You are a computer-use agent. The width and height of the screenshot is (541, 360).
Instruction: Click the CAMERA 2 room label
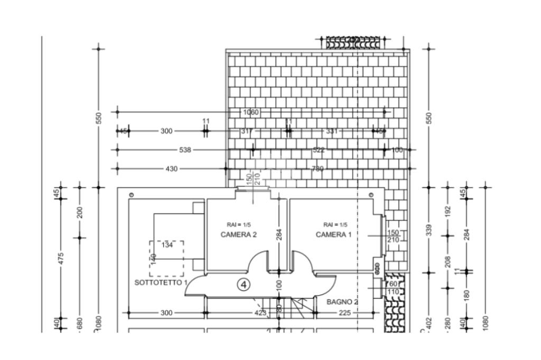click(238, 234)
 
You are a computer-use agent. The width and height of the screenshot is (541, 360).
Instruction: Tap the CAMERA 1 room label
click(333, 234)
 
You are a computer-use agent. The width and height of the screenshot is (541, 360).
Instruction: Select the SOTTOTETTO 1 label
click(161, 282)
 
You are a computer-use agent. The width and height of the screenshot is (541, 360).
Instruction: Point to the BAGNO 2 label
click(342, 302)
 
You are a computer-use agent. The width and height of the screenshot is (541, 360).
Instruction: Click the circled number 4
click(244, 285)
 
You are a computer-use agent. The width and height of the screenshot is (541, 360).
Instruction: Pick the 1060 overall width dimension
click(250, 112)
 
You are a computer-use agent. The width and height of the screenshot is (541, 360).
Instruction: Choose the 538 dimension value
click(185, 150)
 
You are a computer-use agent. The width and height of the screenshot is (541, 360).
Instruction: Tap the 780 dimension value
click(318, 169)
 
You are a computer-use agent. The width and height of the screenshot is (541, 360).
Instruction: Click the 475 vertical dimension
click(61, 259)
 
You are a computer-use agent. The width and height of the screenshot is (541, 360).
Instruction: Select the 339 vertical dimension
click(429, 230)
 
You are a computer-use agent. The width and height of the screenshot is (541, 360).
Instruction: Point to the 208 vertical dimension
click(448, 262)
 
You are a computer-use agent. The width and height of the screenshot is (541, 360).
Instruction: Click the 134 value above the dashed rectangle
click(167, 245)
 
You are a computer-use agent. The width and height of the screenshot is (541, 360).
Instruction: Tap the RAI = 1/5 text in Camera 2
click(239, 224)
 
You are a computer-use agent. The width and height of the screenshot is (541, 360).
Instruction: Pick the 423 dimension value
click(260, 313)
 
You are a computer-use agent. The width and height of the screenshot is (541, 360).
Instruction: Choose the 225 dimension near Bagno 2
click(344, 313)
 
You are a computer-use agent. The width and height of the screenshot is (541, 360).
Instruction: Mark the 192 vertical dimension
click(448, 211)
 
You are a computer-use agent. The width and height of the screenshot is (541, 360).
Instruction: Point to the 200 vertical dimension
click(80, 212)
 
